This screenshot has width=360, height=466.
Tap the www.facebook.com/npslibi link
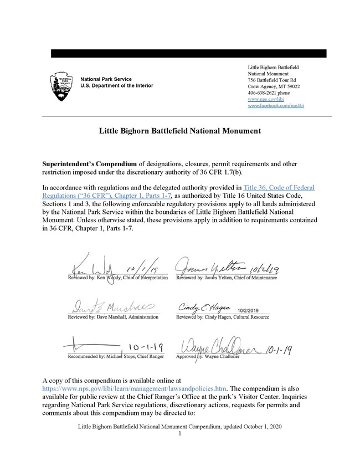click(x=275, y=105)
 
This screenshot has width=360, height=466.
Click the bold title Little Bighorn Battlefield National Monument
click(x=179, y=132)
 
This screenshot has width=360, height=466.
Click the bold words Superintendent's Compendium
click(x=89, y=165)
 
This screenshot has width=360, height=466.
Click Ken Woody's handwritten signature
click(x=94, y=267)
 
